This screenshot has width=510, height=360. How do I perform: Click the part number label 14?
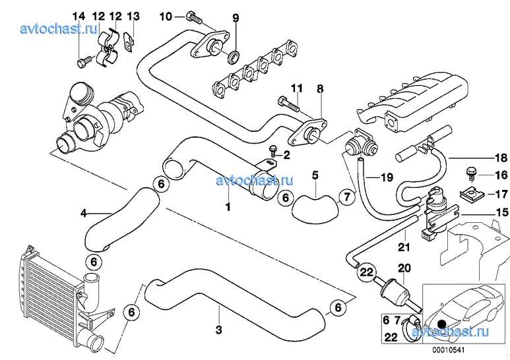tap(79, 16)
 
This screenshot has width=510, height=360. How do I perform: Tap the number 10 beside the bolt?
tap(165, 16)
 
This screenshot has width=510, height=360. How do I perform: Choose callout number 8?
tap(320, 88)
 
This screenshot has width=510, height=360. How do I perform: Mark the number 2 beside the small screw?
tap(286, 155)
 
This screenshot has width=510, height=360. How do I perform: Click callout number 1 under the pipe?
tap(228, 207)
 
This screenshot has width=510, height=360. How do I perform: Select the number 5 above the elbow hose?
tap(315, 175)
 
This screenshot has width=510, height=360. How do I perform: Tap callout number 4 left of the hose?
tap(84, 213)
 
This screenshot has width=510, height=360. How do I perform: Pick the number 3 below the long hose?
tap(218, 327)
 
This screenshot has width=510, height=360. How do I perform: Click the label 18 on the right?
tap(501, 158)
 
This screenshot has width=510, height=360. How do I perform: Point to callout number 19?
tap(387, 177)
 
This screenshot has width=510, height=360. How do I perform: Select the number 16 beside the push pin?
tap(501, 175)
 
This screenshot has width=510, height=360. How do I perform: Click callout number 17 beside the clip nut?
tap(501, 194)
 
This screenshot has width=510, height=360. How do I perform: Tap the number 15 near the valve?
tap(501, 212)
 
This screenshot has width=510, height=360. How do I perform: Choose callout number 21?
tap(404, 248)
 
